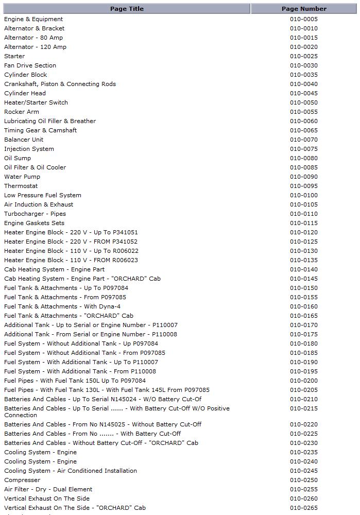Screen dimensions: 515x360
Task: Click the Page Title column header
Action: (x=127, y=9)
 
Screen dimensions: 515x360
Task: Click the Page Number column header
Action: (x=304, y=9)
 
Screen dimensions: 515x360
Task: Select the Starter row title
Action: (x=14, y=56)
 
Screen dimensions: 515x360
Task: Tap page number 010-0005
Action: (x=304, y=19)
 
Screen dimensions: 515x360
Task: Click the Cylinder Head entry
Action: (x=25, y=93)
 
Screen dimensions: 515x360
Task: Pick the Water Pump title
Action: (x=22, y=177)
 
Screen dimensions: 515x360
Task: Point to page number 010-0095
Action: (x=304, y=186)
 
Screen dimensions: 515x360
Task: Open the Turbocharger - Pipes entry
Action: (x=35, y=214)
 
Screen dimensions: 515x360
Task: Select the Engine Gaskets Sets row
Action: (x=35, y=223)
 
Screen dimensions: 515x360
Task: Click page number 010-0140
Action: (x=304, y=269)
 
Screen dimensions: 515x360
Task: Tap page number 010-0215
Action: (x=304, y=408)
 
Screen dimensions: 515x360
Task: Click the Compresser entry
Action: (x=22, y=480)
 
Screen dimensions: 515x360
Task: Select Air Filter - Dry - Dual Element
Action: (x=48, y=489)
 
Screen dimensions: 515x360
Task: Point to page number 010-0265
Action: (x=304, y=508)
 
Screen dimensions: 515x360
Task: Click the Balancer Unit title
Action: (x=24, y=140)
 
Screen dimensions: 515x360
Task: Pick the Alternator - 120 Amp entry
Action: (x=35, y=47)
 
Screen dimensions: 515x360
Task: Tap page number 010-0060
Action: (x=304, y=121)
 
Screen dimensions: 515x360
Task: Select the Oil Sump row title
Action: (x=18, y=158)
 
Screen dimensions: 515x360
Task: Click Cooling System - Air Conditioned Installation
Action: (x=71, y=471)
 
